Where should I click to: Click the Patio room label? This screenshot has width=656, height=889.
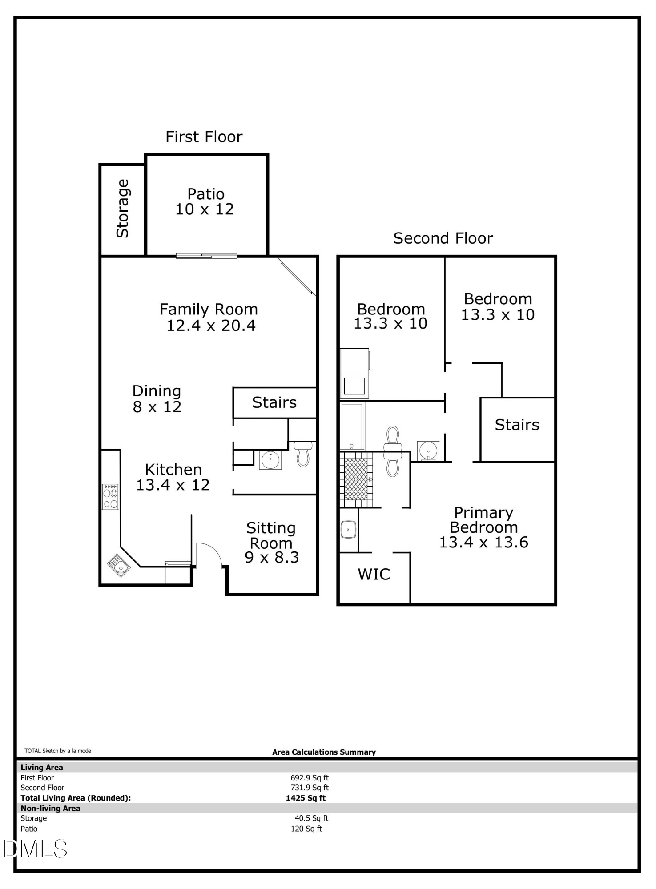click(205, 194)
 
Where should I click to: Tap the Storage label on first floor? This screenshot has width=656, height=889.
click(123, 208)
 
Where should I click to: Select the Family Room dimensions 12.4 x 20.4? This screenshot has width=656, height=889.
click(211, 326)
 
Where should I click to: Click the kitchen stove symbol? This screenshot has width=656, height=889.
click(110, 497)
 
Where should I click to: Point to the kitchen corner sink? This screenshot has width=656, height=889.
click(119, 566)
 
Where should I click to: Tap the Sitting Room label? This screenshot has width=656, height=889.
click(271, 535)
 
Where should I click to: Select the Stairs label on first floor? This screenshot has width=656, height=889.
click(274, 402)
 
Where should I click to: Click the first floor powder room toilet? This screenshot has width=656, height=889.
click(303, 455)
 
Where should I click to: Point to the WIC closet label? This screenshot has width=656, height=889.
click(374, 574)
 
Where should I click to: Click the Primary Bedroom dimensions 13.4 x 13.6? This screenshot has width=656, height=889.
click(483, 543)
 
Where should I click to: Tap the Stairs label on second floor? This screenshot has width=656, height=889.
click(517, 425)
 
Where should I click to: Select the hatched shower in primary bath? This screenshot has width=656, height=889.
click(356, 479)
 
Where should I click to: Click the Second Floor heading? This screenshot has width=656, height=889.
click(443, 238)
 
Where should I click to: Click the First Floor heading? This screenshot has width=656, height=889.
click(204, 137)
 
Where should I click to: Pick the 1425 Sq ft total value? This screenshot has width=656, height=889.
click(306, 798)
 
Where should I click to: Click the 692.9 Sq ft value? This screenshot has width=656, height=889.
click(310, 778)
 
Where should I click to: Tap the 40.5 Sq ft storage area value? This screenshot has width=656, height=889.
click(311, 818)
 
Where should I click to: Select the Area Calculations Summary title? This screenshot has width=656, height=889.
click(324, 752)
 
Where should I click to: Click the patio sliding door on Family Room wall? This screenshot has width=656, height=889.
click(206, 256)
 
